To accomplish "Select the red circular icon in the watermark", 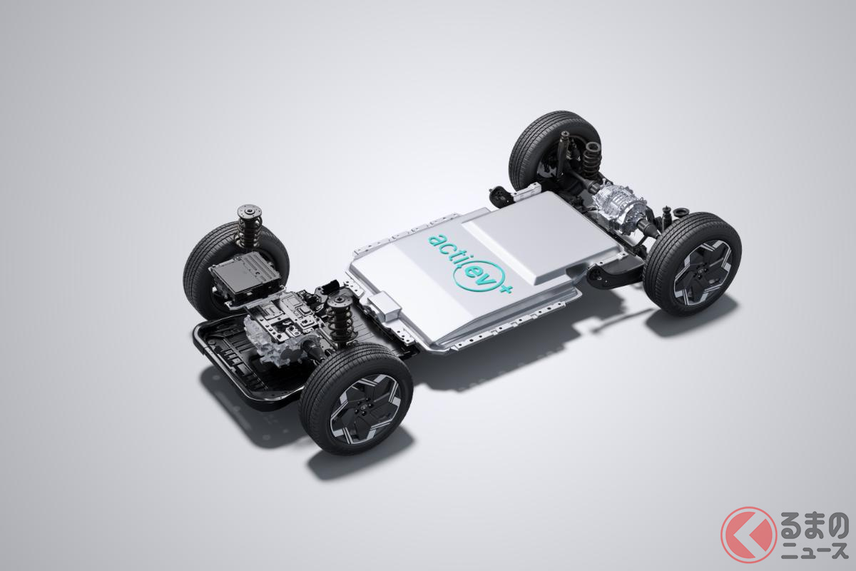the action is (748, 535).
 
